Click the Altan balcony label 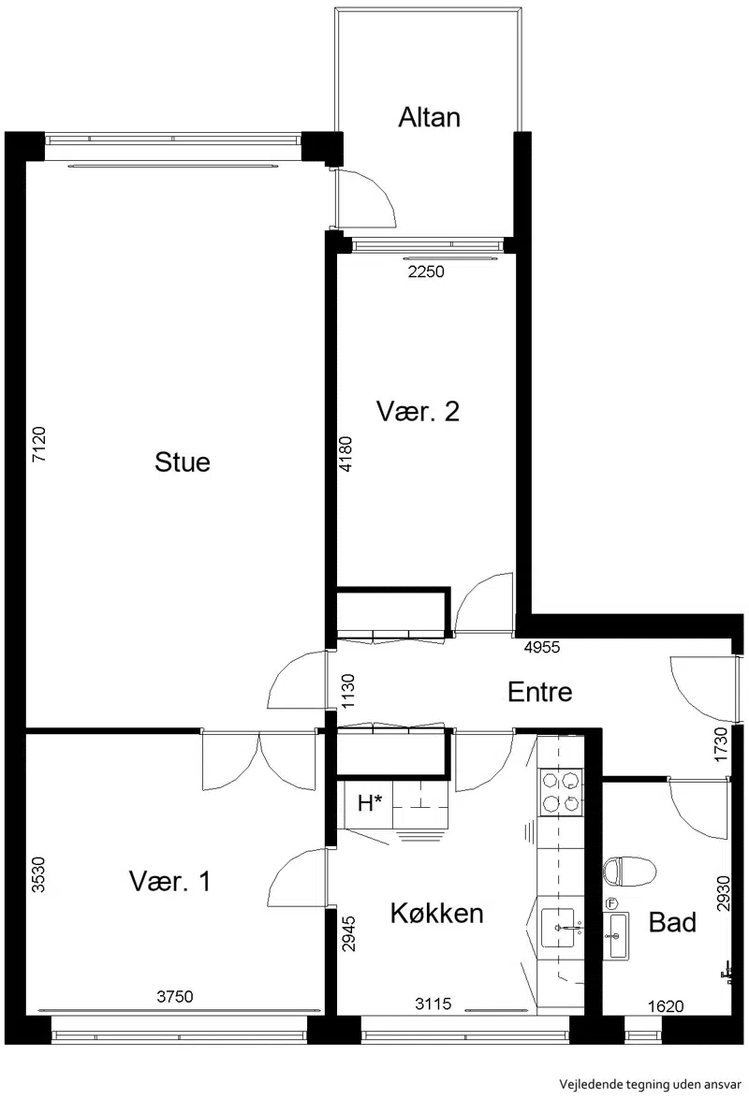tap(429, 117)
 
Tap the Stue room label tap(183, 462)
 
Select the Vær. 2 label tap(418, 411)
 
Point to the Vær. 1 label tap(169, 881)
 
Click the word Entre tap(540, 692)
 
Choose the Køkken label tap(437, 914)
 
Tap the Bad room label tap(672, 922)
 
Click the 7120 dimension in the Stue tap(39, 444)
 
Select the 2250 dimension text tap(426, 271)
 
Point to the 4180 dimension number tap(345, 454)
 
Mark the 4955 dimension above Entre tap(542, 648)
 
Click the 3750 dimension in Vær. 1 tap(175, 996)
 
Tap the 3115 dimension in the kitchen tap(433, 1004)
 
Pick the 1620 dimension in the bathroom tap(666, 1006)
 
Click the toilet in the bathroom tap(629, 871)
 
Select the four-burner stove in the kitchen tap(561, 792)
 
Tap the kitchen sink tap(559, 928)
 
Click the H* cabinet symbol tap(371, 803)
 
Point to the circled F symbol tap(610, 902)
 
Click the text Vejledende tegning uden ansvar tap(650, 1085)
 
